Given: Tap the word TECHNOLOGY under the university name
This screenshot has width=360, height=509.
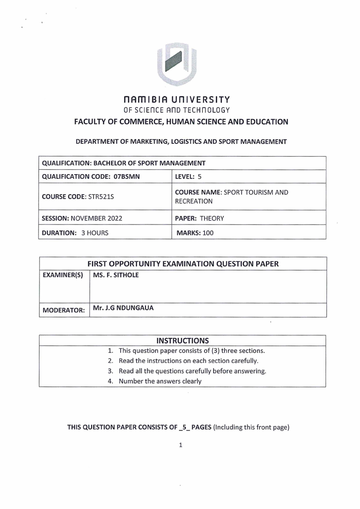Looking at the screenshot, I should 207,110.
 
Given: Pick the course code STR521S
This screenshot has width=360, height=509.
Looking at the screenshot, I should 92,197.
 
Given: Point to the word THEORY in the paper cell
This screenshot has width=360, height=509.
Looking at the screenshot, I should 212,218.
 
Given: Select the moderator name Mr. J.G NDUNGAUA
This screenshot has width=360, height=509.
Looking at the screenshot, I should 123,308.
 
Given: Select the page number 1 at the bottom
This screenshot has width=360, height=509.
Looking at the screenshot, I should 180,445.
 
